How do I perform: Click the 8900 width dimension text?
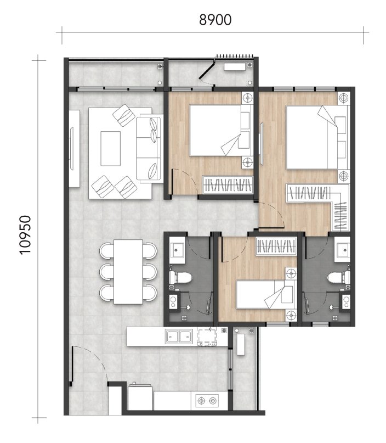click(215, 20)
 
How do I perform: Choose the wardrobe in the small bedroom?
click(277, 246)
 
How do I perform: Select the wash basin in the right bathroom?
click(343, 250)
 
